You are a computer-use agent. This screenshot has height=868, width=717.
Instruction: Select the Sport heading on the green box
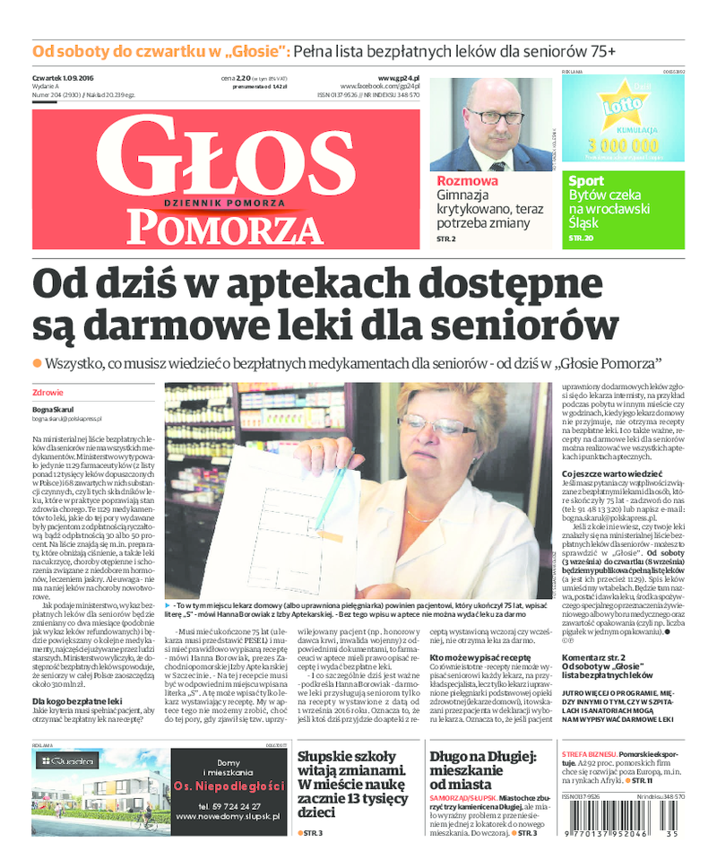[586, 180]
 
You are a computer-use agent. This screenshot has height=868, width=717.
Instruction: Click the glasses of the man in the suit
[495, 116]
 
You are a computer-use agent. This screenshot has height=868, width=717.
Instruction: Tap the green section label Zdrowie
[48, 392]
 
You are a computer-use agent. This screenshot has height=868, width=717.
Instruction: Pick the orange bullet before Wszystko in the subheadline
[37, 362]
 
